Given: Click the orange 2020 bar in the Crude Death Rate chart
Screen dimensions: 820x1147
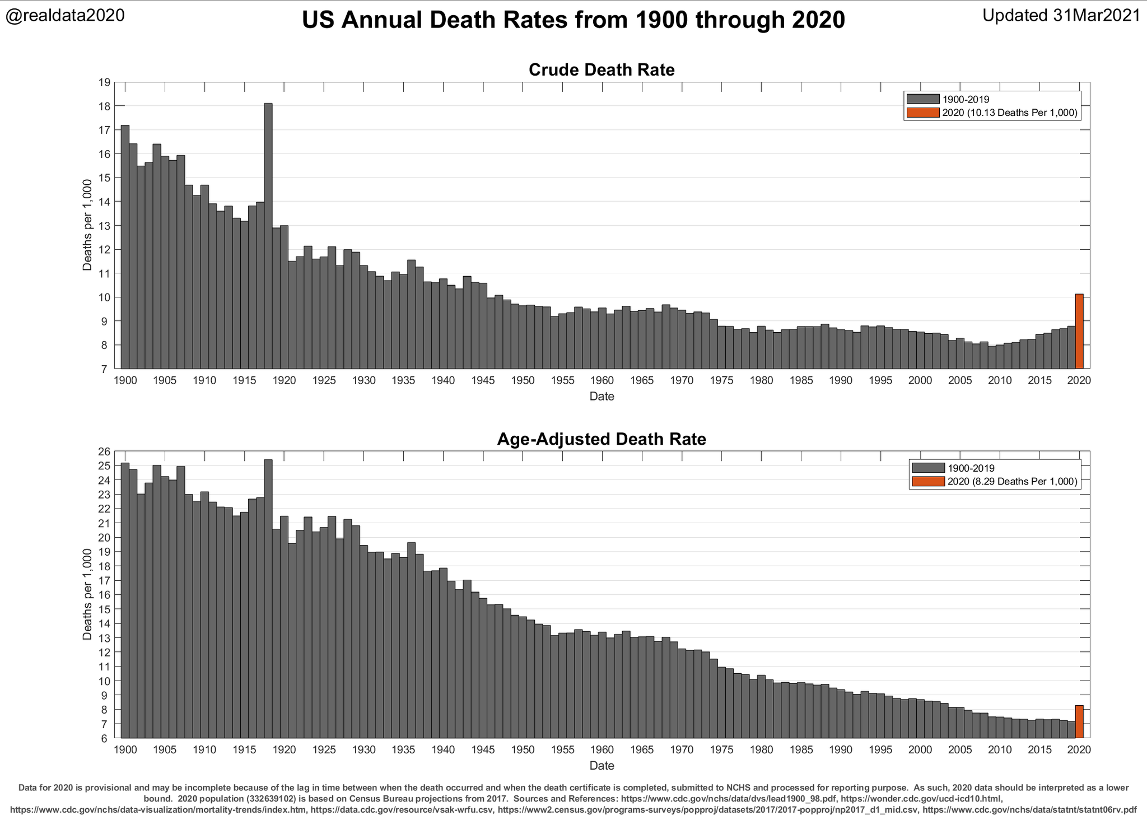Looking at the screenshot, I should (x=1079, y=331).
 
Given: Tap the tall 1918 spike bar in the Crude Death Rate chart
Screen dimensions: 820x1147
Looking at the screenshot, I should (x=268, y=235).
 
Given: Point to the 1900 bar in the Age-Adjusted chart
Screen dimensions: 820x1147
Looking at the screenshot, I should (x=125, y=600).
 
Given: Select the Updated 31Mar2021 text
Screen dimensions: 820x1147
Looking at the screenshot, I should (x=1061, y=15).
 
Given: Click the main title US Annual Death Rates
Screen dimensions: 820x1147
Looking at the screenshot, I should (x=573, y=20).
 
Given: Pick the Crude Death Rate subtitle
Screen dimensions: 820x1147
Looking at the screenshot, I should (x=602, y=70).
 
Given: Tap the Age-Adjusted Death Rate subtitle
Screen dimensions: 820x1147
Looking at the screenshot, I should (x=602, y=439).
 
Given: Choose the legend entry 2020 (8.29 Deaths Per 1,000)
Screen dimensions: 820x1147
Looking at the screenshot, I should (x=1012, y=481).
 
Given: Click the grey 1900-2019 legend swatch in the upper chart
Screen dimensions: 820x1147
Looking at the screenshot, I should (x=922, y=99).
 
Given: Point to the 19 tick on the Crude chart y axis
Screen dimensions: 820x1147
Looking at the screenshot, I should (x=104, y=83).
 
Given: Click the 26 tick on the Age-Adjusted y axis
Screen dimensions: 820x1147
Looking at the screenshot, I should (x=104, y=451).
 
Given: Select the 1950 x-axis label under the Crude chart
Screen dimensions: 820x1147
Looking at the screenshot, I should (x=523, y=381).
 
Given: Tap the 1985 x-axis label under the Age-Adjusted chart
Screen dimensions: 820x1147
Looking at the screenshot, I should (x=801, y=749).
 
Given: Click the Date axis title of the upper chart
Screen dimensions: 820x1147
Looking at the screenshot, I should (x=602, y=397).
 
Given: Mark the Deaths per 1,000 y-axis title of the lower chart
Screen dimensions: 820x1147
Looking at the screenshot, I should (x=87, y=595).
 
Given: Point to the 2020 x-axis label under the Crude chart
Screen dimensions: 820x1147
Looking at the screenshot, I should (x=1079, y=381).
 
